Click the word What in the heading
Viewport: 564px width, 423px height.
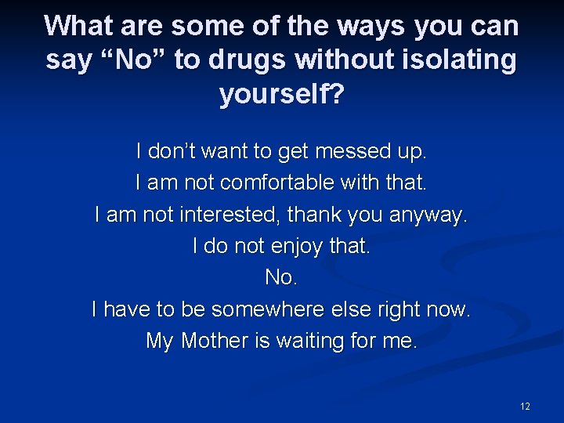tap(79, 26)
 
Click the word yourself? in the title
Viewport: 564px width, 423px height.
tap(282, 94)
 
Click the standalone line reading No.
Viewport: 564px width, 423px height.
tap(281, 278)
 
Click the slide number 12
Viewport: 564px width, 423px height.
tap(525, 406)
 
